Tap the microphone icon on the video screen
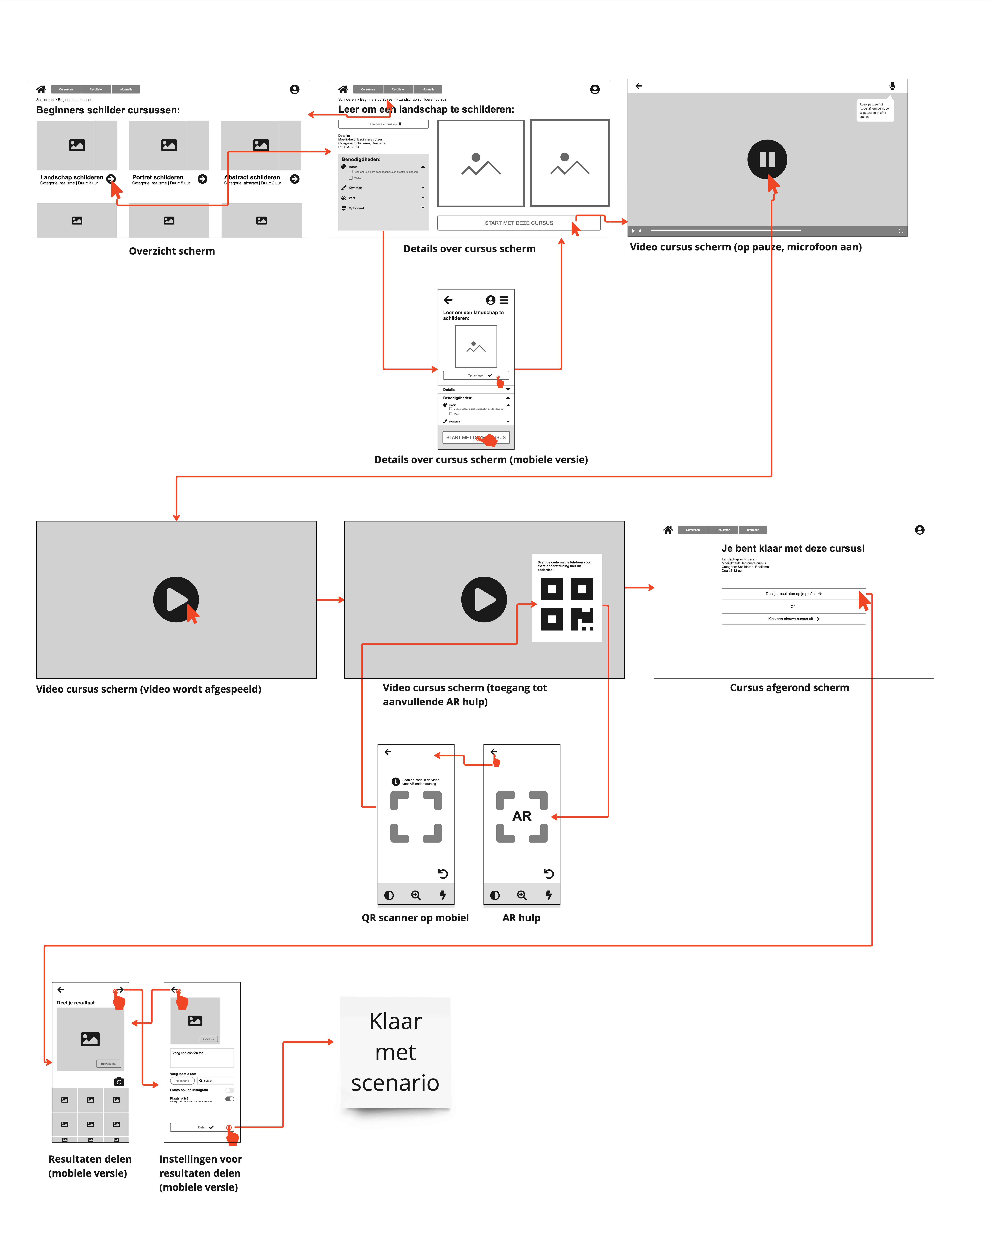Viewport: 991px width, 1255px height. tap(892, 86)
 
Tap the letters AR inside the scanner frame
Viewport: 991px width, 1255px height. tap(522, 816)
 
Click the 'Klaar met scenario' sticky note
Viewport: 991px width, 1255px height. tap(395, 1052)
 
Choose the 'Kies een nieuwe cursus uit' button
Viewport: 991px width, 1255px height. tap(793, 619)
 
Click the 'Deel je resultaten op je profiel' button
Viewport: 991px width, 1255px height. tap(793, 594)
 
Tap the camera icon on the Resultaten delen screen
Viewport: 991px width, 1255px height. tap(119, 1082)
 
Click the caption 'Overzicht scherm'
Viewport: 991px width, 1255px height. tap(172, 251)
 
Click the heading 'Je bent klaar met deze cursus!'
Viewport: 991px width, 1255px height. tap(793, 548)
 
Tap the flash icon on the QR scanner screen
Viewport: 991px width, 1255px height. tap(443, 895)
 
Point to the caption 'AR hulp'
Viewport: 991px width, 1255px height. tap(521, 917)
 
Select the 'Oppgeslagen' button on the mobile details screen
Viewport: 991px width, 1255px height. tap(476, 375)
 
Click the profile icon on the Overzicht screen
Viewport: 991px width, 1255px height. tap(295, 89)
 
